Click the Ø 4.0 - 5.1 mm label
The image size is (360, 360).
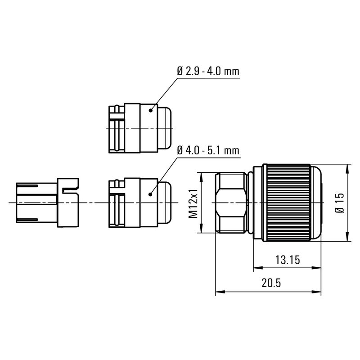pyautogui.click(x=207, y=151)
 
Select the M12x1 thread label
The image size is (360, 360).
pyautogui.click(x=193, y=203)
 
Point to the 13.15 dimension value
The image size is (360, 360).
pyautogui.click(x=287, y=260)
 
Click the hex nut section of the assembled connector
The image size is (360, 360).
pyautogui.click(x=230, y=203)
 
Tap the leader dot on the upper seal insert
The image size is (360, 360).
pyautogui.click(x=151, y=110)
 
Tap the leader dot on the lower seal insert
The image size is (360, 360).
pyautogui.click(x=151, y=193)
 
